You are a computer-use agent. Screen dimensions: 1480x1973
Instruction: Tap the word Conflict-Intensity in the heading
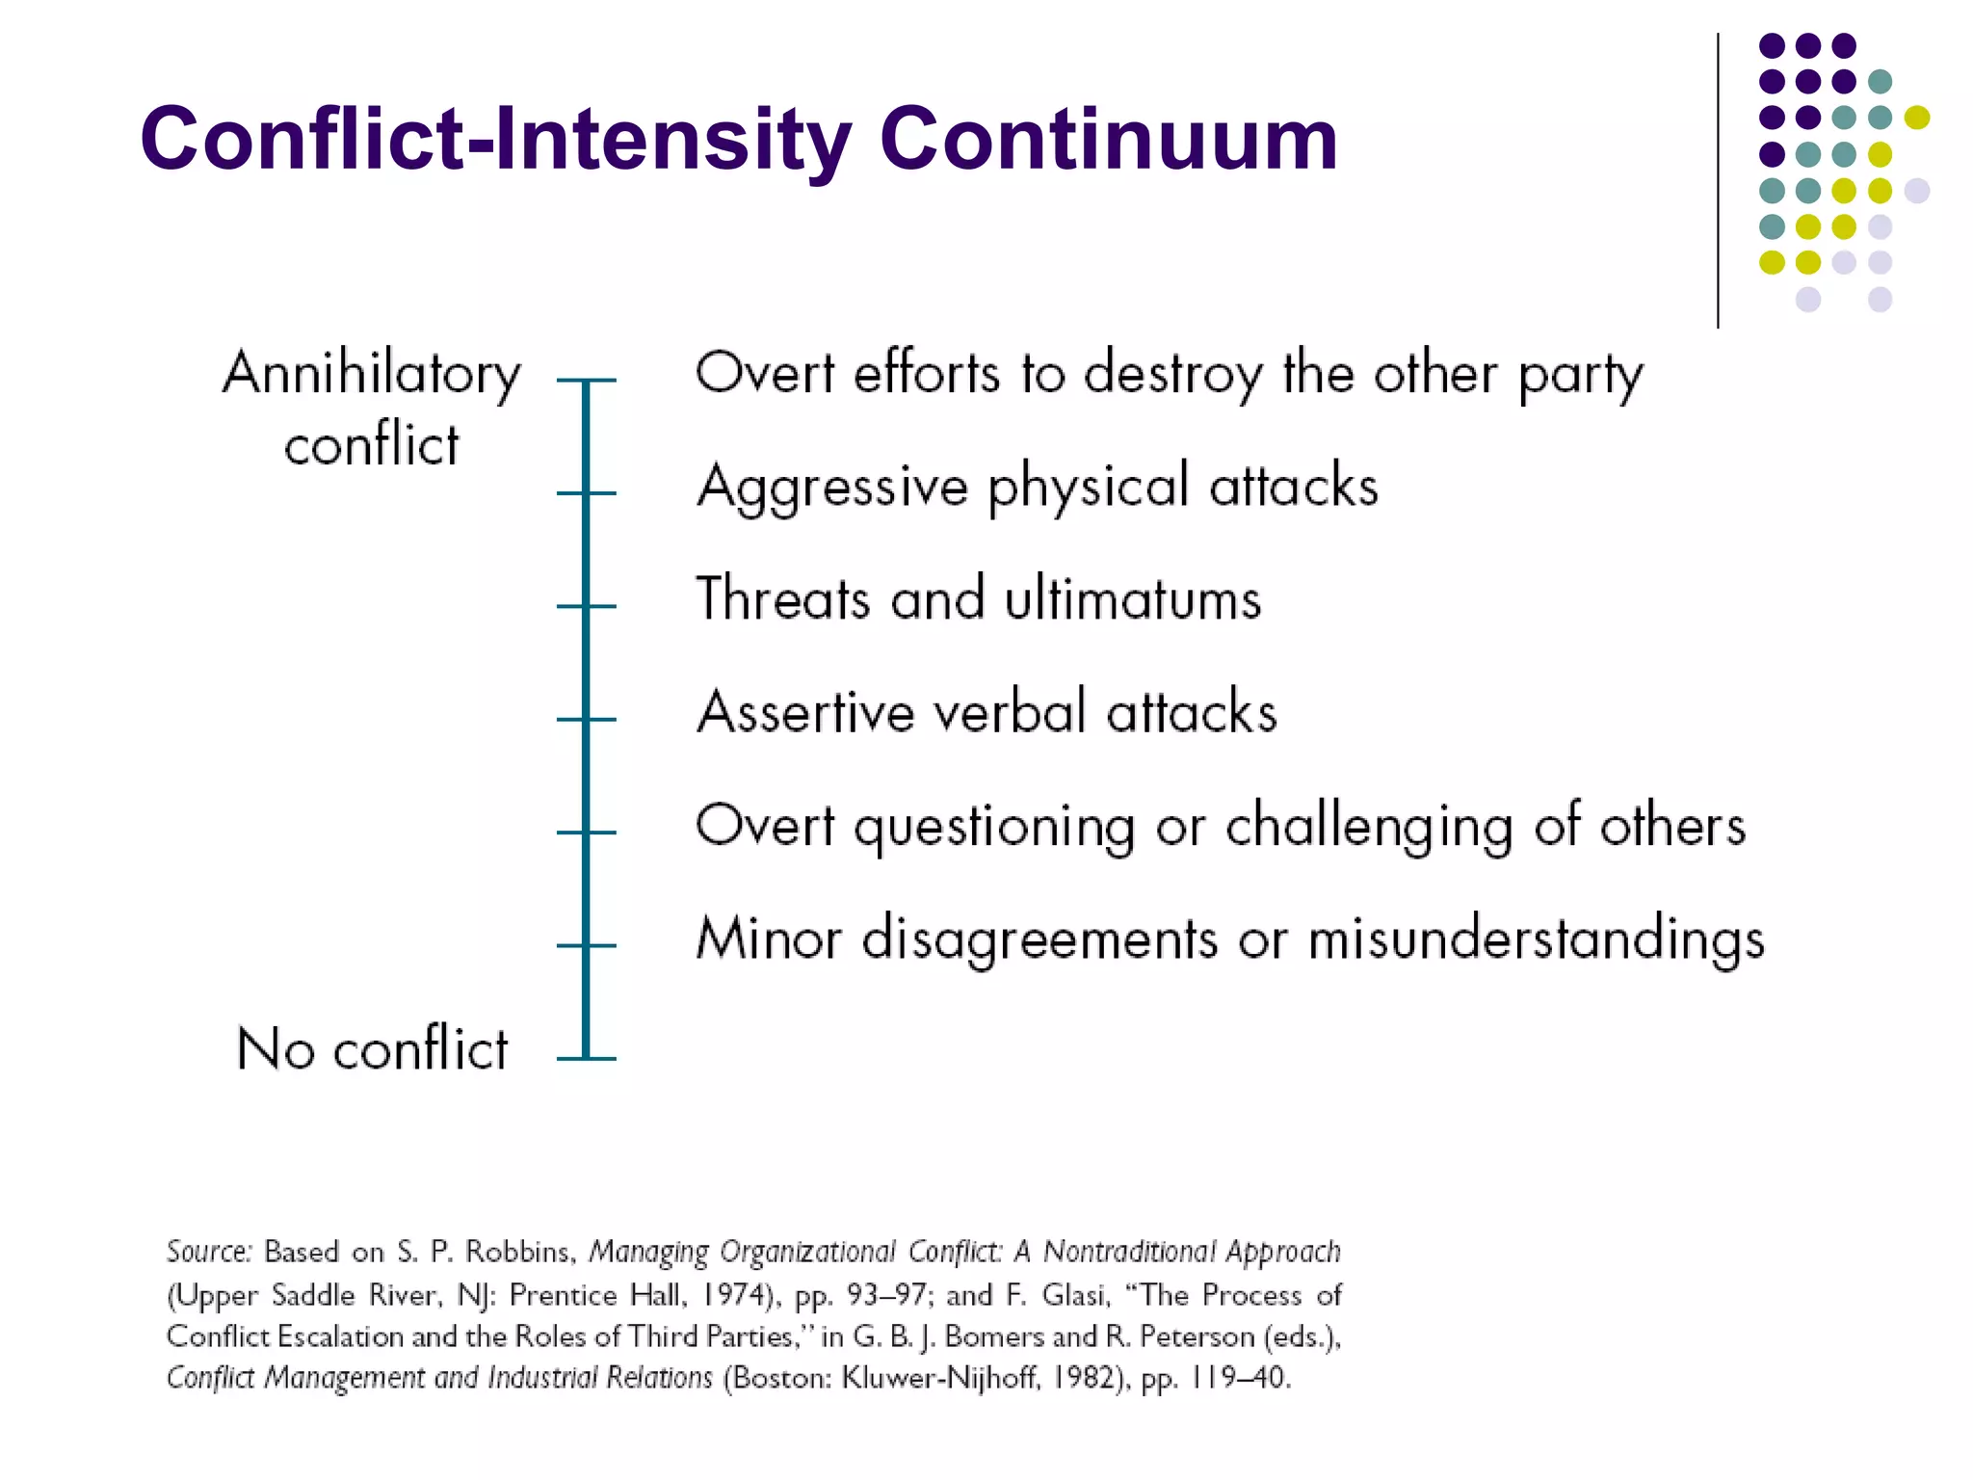496,140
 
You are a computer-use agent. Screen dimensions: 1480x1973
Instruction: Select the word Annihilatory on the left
372,374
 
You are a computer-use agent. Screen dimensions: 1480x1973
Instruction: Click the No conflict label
372,1048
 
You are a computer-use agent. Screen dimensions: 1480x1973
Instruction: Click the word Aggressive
832,487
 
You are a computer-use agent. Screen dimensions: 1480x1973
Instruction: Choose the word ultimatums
1133,599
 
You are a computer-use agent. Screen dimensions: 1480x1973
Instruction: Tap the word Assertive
805,713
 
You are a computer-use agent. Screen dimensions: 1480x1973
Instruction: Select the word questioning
995,828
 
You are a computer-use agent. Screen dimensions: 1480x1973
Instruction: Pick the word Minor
769,938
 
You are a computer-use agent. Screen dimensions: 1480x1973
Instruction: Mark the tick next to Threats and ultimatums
586,606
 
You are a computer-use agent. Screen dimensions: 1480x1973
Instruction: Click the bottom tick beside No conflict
586,1059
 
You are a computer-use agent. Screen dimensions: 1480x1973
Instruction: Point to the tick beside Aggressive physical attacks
586,493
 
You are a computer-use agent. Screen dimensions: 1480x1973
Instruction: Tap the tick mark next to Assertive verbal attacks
586,720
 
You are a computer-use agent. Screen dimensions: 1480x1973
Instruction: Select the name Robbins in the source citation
520,1252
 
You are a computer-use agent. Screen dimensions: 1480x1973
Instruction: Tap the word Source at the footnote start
208,1252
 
